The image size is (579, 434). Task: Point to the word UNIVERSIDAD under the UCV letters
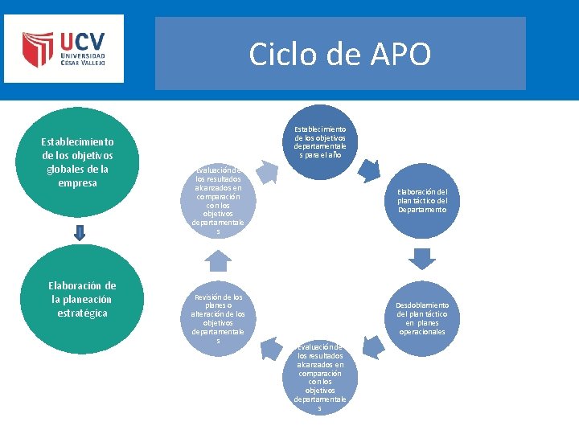[x=81, y=58]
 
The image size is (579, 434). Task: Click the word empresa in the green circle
[x=78, y=182]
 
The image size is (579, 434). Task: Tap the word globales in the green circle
[x=78, y=169]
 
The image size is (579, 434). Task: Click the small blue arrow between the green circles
[x=79, y=232]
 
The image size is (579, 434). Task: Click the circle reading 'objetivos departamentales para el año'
[x=320, y=142]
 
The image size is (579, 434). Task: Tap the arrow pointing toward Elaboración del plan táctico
[x=369, y=170]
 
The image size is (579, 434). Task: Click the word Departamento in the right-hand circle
[x=422, y=210]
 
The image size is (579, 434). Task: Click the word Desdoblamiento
[x=422, y=305]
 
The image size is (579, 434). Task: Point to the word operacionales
[x=422, y=332]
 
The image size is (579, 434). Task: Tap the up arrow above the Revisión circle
[x=218, y=260]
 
